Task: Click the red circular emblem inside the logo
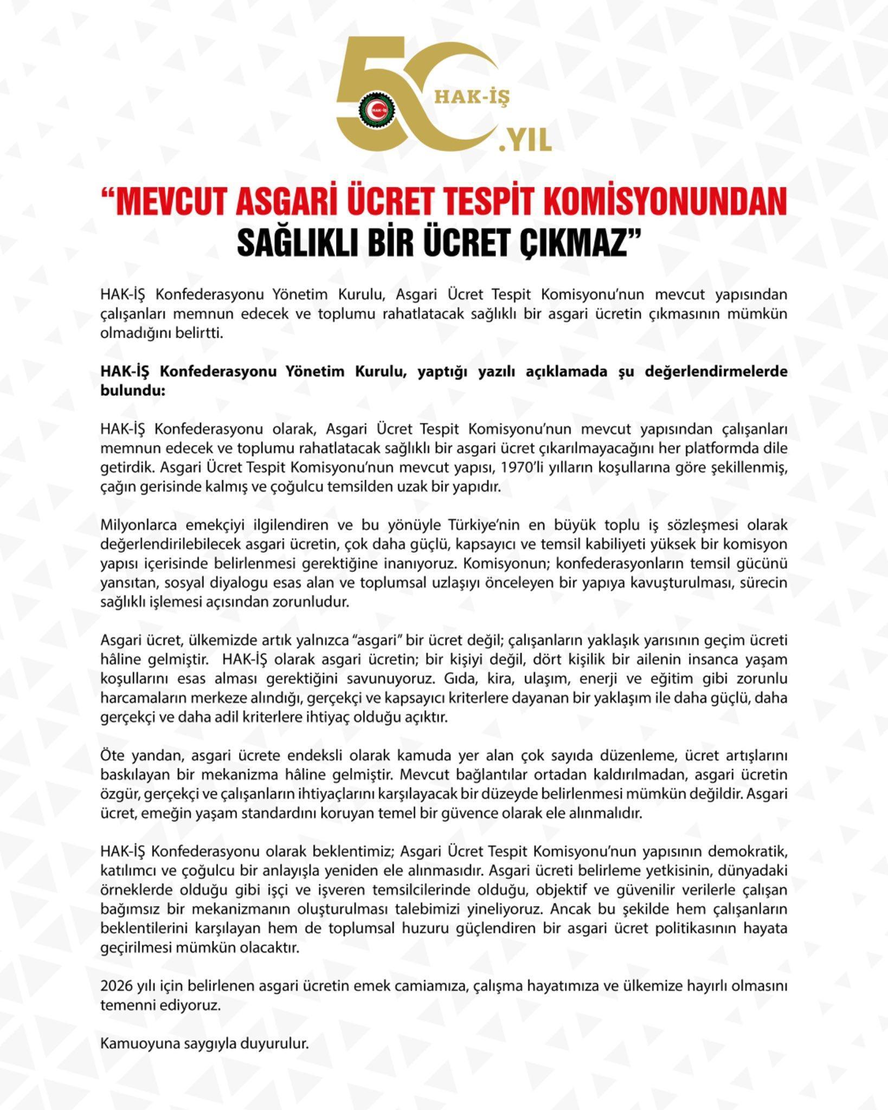377,111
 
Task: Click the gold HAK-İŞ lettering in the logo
473,97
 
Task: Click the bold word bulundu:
132,390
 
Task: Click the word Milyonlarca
138,525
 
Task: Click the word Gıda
459,679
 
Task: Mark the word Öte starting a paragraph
112,756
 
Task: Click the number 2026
116,986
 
